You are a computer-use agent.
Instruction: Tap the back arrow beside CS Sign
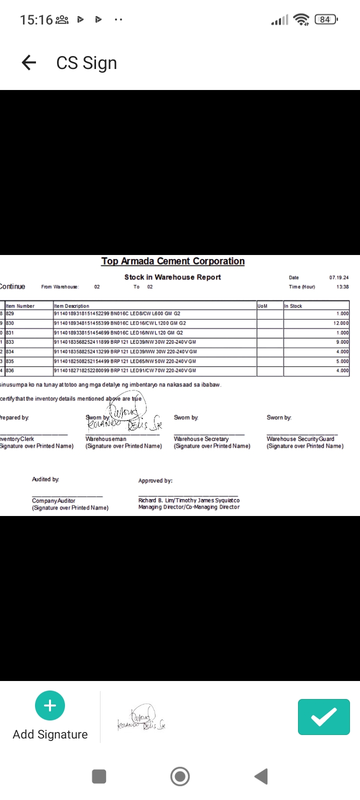click(29, 62)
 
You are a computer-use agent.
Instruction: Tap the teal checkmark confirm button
click(323, 717)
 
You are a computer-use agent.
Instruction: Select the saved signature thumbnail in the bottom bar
click(141, 718)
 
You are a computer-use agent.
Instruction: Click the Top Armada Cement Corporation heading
click(173, 261)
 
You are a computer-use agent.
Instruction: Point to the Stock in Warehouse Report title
click(172, 277)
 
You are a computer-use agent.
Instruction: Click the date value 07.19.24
click(339, 277)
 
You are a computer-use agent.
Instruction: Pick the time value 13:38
click(342, 287)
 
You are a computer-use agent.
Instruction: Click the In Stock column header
click(293, 306)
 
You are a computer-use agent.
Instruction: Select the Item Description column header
click(71, 306)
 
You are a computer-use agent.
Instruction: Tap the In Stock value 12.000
click(341, 323)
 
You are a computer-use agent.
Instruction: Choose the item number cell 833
click(10, 342)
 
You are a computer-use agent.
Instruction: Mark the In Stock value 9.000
click(342, 342)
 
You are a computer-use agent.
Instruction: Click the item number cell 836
click(10, 370)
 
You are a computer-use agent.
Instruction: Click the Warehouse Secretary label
click(201, 439)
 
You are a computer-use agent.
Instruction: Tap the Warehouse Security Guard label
click(300, 439)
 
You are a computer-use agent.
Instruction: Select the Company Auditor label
click(53, 500)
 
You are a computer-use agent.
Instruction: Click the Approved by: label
click(155, 480)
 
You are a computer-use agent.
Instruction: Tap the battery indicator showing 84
click(326, 19)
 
